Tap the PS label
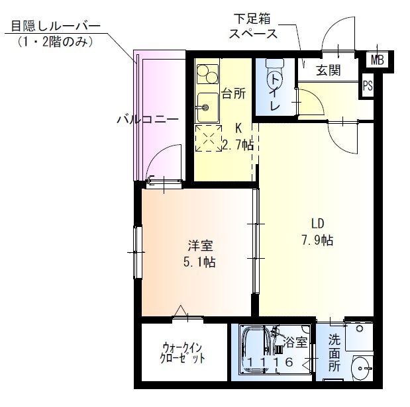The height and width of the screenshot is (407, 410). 368,85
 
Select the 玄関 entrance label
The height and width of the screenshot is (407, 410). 328,70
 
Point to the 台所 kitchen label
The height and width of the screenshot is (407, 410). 233,93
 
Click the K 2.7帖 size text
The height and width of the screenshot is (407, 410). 238,138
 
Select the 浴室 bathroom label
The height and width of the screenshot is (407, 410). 296,342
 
